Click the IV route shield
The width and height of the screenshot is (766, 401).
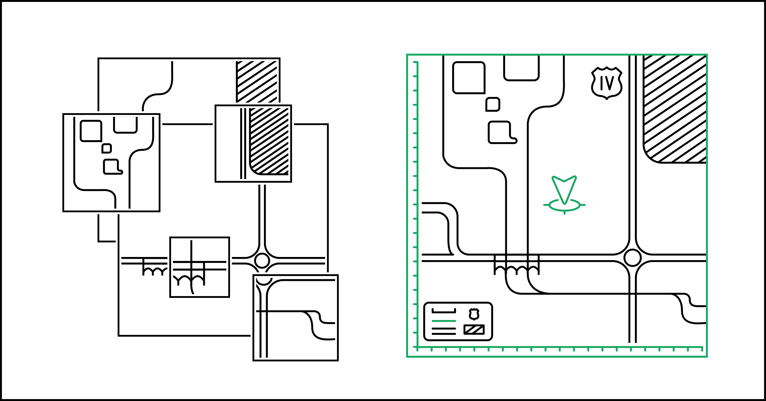pos(607,83)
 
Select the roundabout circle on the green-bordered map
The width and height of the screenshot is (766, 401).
pos(632,258)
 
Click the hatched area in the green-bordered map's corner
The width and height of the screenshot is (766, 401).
pos(674,109)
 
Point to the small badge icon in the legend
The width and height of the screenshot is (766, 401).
pos(474,314)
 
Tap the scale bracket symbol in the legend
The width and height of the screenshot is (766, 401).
pos(444,310)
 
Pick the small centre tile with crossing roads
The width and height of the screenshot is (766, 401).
pos(199,267)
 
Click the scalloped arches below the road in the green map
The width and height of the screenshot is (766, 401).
pos(517,270)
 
